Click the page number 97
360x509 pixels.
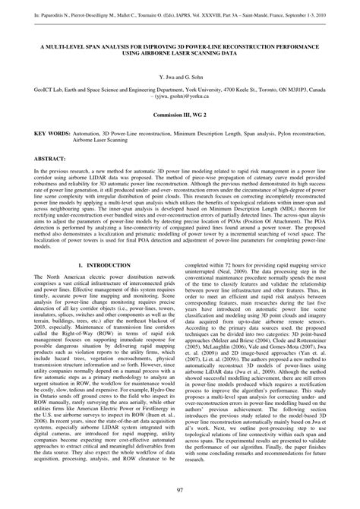180,488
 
